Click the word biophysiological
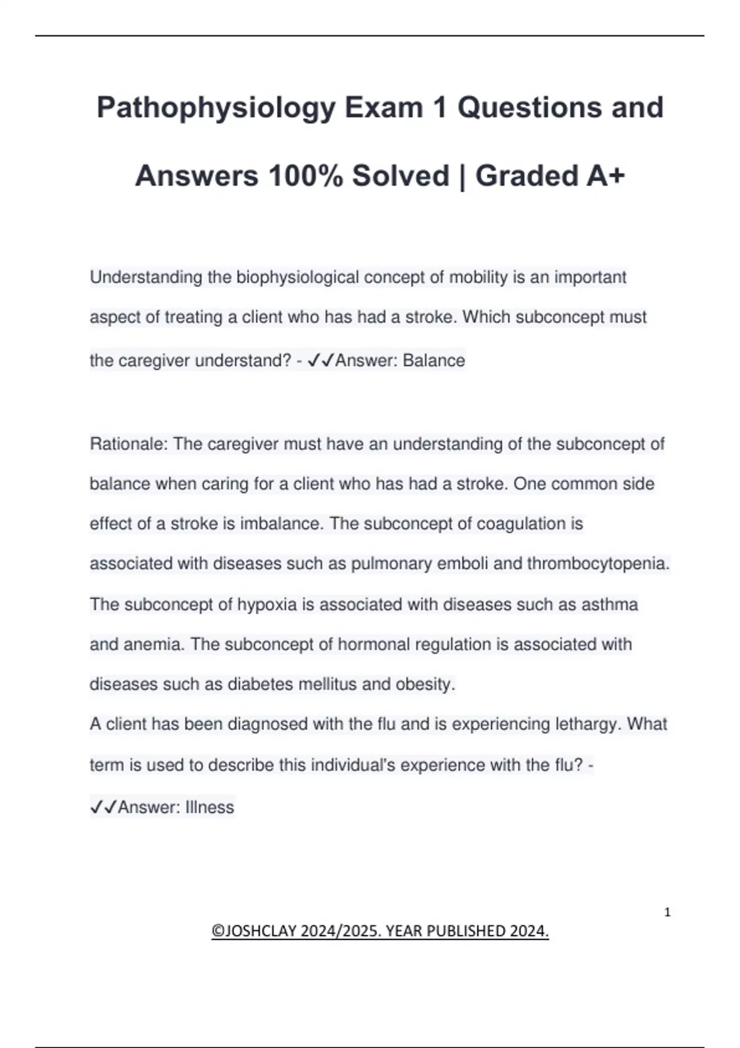297,277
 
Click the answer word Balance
434,361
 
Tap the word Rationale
128,444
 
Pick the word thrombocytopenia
598,564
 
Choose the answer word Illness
210,807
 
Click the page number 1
667,912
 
